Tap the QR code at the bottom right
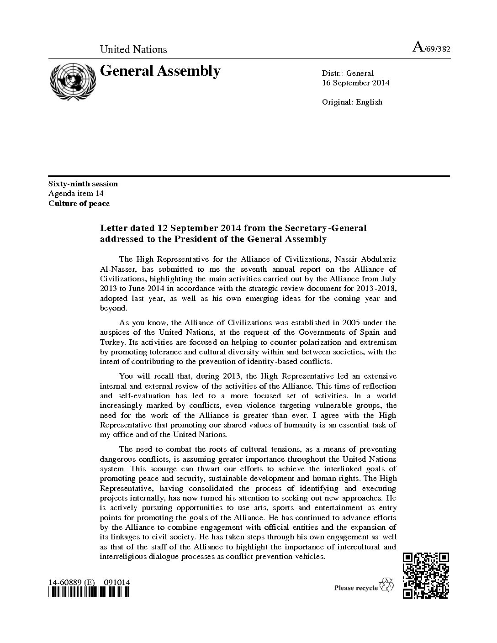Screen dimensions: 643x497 pos(426,575)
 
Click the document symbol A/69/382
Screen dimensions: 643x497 pos(431,48)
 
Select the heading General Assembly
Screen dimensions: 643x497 pos(160,71)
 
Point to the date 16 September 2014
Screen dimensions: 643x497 pos(355,83)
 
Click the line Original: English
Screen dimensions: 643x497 pos(352,102)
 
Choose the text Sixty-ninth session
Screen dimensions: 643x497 pos(83,184)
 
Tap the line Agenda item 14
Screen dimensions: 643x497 pos(76,194)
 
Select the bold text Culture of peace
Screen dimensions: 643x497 pos(79,204)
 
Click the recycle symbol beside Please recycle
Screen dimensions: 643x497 pos(387,584)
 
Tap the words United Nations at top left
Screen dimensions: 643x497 pos(133,49)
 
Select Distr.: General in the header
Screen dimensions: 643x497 pos(347,73)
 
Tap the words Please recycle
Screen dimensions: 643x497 pos(356,588)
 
